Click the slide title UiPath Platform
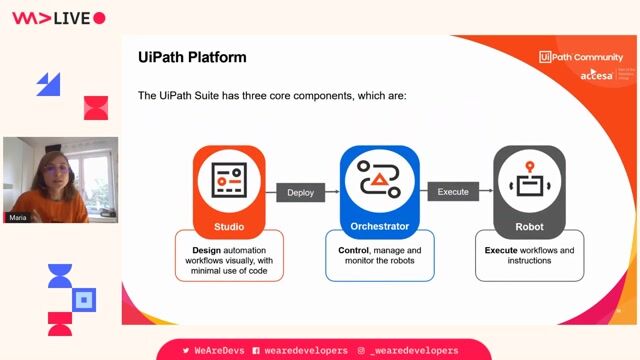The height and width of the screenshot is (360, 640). point(192,57)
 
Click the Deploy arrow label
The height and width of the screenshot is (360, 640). point(301,192)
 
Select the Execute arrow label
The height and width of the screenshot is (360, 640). point(453,192)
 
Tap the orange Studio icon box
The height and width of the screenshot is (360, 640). point(229,180)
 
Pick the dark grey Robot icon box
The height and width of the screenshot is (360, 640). point(529,180)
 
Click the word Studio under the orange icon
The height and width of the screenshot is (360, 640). point(229,226)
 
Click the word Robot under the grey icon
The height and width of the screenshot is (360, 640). point(529,226)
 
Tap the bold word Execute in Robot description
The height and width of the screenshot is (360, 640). point(501,249)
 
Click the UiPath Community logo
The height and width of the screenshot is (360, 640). point(580,57)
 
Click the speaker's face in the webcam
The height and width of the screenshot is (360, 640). point(51,171)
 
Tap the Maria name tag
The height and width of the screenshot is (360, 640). point(18,217)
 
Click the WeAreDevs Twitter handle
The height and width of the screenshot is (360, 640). point(215,351)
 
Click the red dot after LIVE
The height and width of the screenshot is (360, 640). point(99,17)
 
